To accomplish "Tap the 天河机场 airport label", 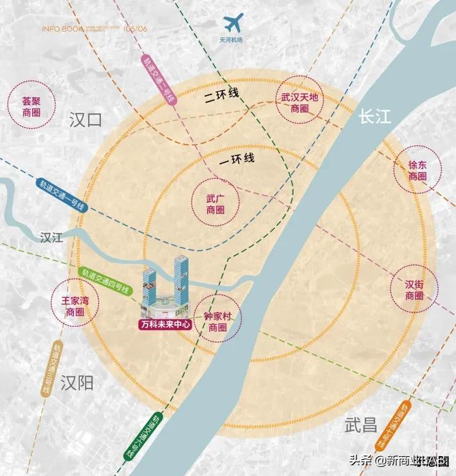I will tap(232, 41).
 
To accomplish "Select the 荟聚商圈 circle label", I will tap(31, 107).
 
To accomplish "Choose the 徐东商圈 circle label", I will tap(417, 170).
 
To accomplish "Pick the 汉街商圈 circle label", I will tap(414, 290).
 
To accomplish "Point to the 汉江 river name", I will tap(51, 237).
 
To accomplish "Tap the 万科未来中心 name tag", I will tap(165, 325).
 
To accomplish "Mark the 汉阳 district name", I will tap(77, 384).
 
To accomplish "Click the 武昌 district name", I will tap(361, 425).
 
